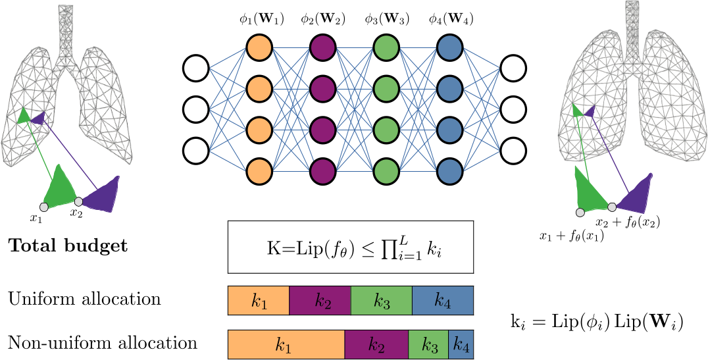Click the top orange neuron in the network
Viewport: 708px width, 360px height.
click(x=259, y=47)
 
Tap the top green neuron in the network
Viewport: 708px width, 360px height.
click(x=386, y=47)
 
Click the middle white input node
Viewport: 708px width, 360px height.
click(x=196, y=109)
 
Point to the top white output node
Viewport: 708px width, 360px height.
click(x=513, y=68)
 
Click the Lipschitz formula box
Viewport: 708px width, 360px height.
click(x=350, y=247)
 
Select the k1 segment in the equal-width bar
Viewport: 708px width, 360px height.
click(x=259, y=301)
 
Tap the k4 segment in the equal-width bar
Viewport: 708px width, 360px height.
click(x=442, y=301)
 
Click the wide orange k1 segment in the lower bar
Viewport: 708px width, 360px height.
click(x=286, y=344)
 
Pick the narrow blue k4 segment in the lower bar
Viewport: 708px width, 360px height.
click(x=461, y=344)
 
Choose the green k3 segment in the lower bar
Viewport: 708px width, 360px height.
click(x=428, y=344)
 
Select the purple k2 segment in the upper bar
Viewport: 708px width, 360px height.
click(x=320, y=301)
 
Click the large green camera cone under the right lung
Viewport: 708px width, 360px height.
click(x=590, y=191)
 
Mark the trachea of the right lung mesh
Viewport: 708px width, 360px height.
click(x=632, y=26)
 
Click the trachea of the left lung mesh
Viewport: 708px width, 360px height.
click(x=66, y=30)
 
